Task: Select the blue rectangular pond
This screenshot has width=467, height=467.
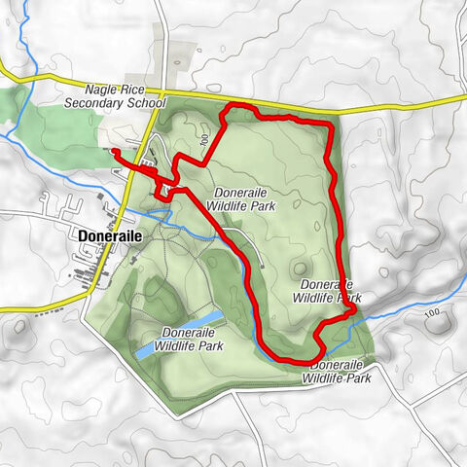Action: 180,334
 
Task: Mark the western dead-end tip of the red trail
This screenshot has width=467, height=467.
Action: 113,152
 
